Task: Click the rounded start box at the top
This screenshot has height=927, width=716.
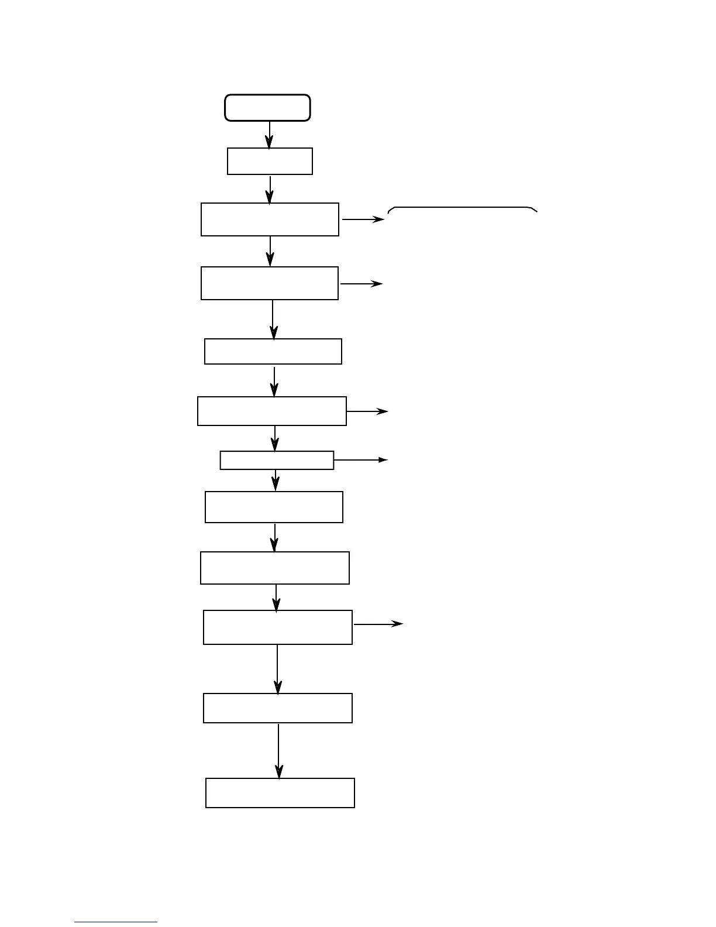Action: coord(267,108)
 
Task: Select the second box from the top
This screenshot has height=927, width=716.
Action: coord(270,161)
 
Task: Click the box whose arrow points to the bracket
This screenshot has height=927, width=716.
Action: coord(270,219)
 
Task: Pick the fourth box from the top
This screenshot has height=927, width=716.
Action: coord(270,283)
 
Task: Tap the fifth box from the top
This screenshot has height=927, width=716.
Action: coord(273,351)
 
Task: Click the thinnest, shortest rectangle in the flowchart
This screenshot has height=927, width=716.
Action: coord(277,461)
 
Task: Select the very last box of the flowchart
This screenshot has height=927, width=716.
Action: coord(280,793)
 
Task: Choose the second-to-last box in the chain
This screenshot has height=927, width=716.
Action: coord(278,708)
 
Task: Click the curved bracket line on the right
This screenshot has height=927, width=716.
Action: coord(462,208)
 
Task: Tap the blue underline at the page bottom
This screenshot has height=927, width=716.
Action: coord(116,922)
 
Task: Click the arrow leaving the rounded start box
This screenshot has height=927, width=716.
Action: coord(269,135)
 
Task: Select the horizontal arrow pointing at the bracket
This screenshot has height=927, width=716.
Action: coord(363,219)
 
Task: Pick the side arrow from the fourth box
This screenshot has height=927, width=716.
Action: coord(361,283)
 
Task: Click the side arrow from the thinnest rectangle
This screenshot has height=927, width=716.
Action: coord(360,460)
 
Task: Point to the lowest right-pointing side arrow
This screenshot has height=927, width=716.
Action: coord(378,624)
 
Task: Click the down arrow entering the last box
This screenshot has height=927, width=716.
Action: coord(279,751)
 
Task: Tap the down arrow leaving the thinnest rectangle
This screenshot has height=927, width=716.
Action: coord(276,480)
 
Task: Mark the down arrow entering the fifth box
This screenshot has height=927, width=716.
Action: coord(273,320)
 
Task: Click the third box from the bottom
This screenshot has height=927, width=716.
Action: coord(278,627)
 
